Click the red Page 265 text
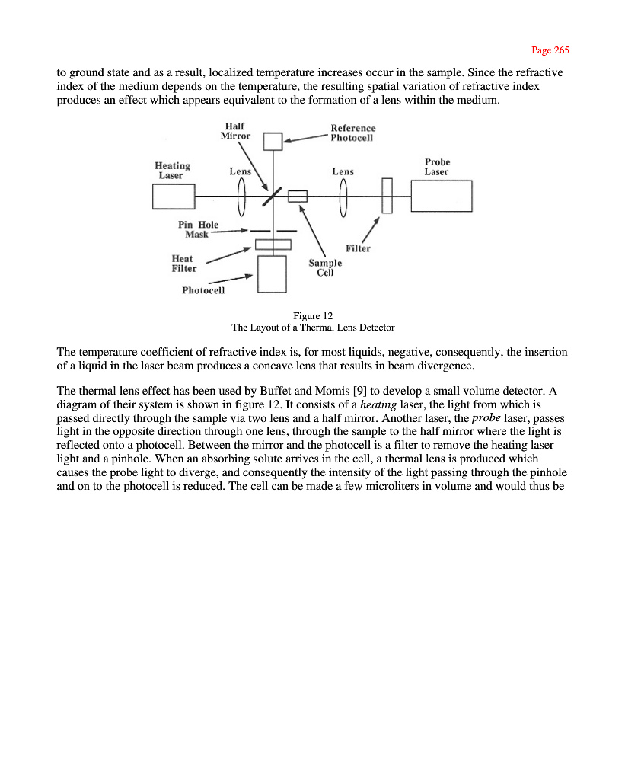(550, 50)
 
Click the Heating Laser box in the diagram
(174, 197)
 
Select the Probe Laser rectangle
(442, 196)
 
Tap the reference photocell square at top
(273, 142)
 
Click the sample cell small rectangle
(298, 196)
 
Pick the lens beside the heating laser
(242, 195)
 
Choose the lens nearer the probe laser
(343, 195)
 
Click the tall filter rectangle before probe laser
(387, 196)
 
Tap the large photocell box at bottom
(272, 273)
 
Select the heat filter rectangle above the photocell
(273, 245)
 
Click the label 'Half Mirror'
(235, 131)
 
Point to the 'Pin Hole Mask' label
(198, 229)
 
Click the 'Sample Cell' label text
(325, 267)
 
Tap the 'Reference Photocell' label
(352, 133)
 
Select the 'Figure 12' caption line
(313, 315)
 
